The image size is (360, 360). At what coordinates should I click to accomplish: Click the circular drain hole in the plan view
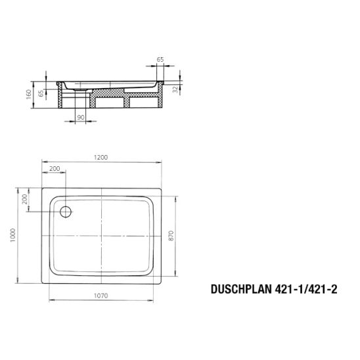point(65,211)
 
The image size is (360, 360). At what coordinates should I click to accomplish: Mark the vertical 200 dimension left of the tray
point(25,200)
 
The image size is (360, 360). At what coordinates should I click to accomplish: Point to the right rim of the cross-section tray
point(160,84)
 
